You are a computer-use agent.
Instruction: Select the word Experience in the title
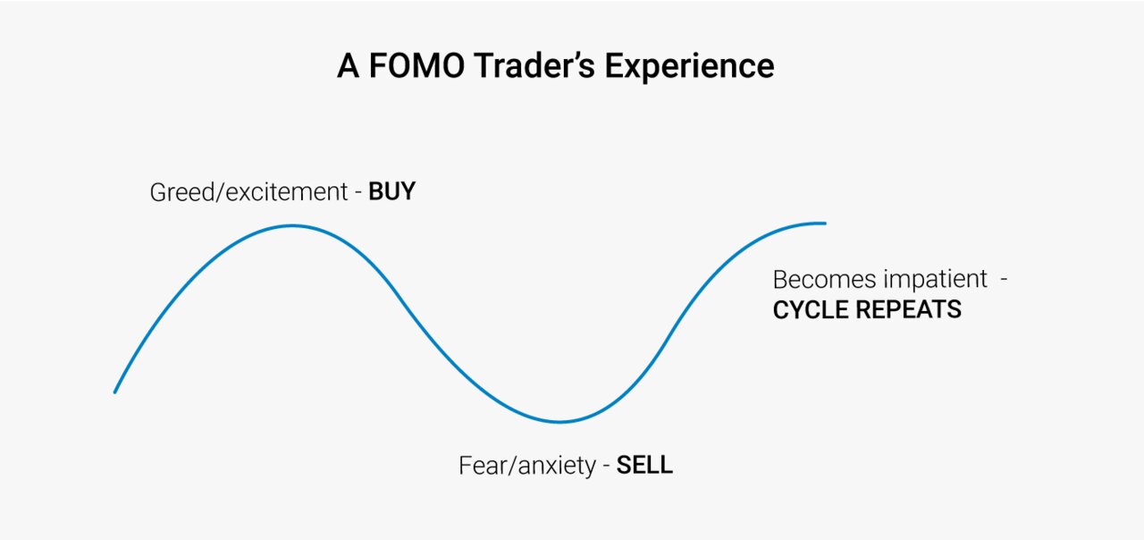click(689, 68)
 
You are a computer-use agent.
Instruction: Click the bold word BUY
click(391, 192)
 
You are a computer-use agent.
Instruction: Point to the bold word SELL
click(644, 466)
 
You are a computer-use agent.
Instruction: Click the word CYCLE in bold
click(808, 310)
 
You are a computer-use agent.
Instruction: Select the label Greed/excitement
click(249, 193)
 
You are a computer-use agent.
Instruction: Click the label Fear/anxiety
click(526, 466)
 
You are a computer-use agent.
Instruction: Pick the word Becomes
click(823, 280)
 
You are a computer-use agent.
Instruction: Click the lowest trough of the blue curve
click(559, 422)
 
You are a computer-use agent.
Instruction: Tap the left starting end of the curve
click(115, 392)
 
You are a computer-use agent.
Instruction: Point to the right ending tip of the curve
click(824, 223)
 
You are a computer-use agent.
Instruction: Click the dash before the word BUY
click(358, 193)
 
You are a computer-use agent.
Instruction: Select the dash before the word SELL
click(607, 467)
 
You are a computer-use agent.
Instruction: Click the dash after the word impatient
click(1004, 281)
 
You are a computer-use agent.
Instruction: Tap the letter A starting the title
click(347, 67)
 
